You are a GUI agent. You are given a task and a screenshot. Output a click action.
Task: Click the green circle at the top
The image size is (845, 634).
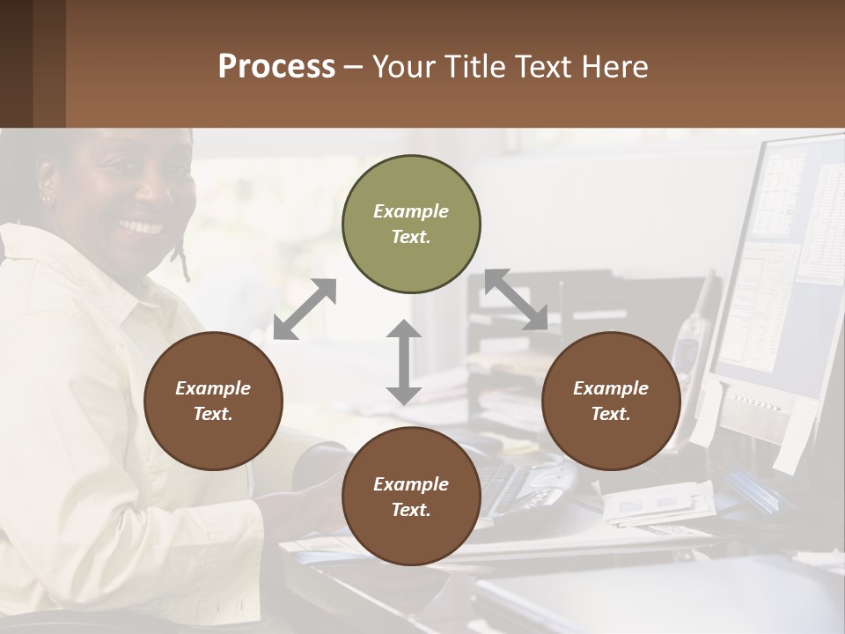coord(411,225)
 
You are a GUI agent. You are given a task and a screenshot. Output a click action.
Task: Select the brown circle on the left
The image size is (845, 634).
coord(213,402)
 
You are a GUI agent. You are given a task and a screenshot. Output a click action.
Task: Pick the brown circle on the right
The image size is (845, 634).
coord(611,402)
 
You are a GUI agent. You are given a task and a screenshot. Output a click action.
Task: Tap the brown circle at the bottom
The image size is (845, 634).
coord(411,497)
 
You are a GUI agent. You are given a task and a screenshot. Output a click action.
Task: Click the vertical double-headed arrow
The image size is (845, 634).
coord(403,362)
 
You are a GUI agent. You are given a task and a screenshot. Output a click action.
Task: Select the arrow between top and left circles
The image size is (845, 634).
coord(305,309)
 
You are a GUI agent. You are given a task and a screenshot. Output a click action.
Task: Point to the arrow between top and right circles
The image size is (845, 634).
coord(516,299)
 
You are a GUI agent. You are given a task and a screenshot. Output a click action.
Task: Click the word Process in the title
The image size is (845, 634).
coord(276,67)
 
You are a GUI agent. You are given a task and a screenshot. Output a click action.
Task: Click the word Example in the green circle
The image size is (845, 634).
coord(411,211)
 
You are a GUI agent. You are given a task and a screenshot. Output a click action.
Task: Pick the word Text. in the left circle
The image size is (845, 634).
coord(213,414)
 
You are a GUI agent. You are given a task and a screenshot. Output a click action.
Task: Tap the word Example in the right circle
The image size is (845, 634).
coord(611,388)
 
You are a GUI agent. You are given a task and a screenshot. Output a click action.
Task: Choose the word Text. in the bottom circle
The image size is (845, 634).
coord(411,510)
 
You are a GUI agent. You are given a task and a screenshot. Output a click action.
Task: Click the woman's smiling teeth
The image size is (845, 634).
coord(142,227)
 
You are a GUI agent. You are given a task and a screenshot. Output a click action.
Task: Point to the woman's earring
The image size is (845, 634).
coord(47,200)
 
